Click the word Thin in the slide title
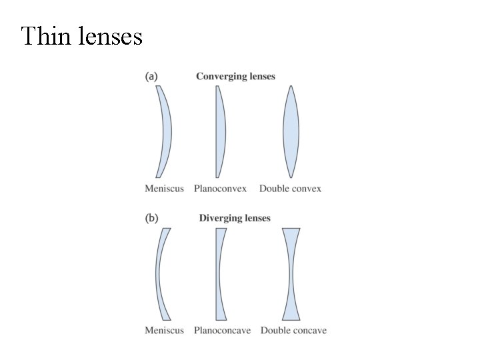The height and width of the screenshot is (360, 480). [45, 36]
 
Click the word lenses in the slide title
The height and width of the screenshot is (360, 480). [111, 36]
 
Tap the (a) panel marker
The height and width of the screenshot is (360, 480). [151, 77]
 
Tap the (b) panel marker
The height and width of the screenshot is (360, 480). [151, 218]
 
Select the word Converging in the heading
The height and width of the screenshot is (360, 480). [220, 77]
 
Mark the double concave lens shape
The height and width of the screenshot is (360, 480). [291, 274]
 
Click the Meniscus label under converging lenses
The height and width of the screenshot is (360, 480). [164, 189]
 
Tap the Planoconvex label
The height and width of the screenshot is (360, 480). [220, 189]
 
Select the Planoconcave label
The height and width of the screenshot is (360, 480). [222, 330]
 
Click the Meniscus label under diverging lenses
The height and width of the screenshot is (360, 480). [164, 330]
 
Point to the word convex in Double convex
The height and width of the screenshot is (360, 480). [306, 189]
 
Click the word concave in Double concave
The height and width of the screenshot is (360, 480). [309, 330]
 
